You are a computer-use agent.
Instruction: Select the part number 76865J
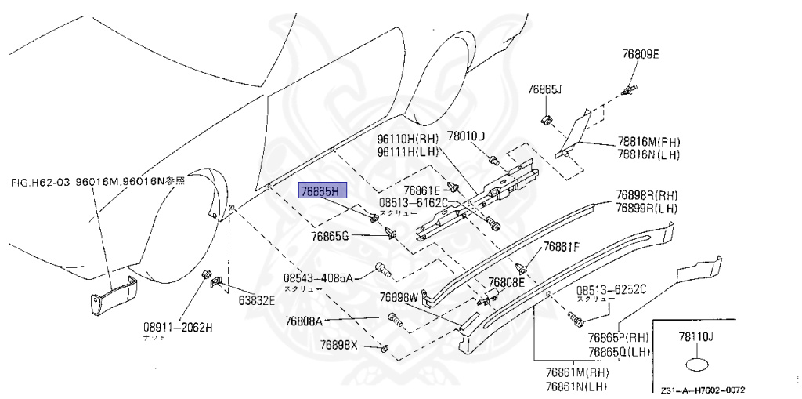click(545, 89)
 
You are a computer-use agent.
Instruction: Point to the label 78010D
click(467, 136)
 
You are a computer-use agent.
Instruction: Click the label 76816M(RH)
click(648, 142)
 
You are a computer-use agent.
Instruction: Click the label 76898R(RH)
click(647, 195)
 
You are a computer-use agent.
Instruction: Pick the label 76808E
click(507, 281)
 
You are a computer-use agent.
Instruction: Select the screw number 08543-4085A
click(319, 277)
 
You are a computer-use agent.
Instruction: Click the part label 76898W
click(400, 298)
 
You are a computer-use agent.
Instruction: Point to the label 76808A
click(304, 321)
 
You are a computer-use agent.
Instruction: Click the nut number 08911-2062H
click(177, 327)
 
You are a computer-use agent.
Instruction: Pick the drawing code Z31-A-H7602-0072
click(702, 390)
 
